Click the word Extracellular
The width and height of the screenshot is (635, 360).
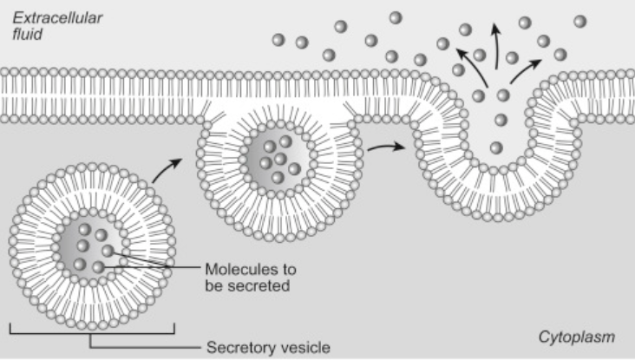tap(57, 18)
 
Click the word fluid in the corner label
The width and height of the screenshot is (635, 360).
tap(27, 34)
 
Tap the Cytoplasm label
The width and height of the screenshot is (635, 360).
tap(577, 337)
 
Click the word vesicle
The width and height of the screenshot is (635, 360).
tap(305, 348)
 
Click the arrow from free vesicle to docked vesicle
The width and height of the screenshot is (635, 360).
tap(166, 170)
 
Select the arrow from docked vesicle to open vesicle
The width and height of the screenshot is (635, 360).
tap(386, 147)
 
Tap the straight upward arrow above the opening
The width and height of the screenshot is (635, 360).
tap(496, 46)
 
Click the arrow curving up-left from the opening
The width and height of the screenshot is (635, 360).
tap(473, 66)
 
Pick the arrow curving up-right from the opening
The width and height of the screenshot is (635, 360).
tap(525, 70)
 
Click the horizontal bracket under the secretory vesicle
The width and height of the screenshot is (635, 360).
tap(92, 333)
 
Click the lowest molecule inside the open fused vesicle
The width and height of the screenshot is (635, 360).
tap(496, 147)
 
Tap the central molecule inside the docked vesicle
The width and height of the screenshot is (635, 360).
tap(280, 159)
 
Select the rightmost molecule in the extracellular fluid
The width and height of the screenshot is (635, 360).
tap(580, 21)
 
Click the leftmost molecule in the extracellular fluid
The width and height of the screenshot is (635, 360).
tap(278, 40)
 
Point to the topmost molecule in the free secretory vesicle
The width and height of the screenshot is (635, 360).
tap(85, 229)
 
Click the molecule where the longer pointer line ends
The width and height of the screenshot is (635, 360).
tap(98, 267)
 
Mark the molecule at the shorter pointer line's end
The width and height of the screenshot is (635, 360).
tap(108, 251)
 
